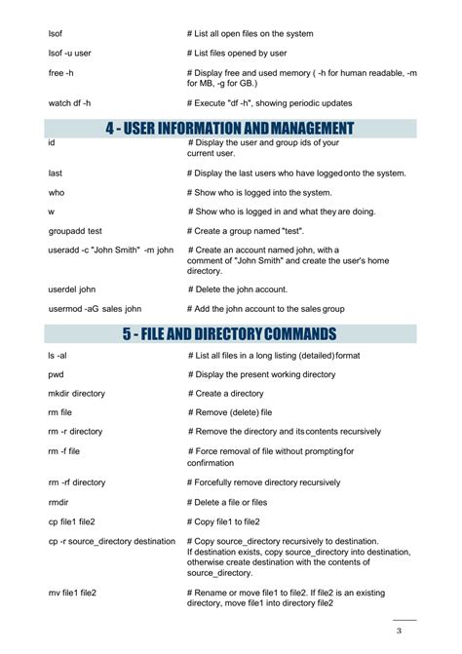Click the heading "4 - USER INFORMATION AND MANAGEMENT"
coord(230,128)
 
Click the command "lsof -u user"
coord(69,54)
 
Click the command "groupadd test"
coord(75,231)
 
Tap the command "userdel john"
coord(72,289)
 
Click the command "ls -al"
coord(58,355)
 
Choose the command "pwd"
coord(56,374)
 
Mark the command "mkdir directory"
coord(76,394)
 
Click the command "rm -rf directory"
coord(76,481)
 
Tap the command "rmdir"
coord(58,501)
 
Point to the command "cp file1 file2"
coord(72,520)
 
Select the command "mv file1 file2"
coord(72,592)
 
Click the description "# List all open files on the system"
coord(250,34)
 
